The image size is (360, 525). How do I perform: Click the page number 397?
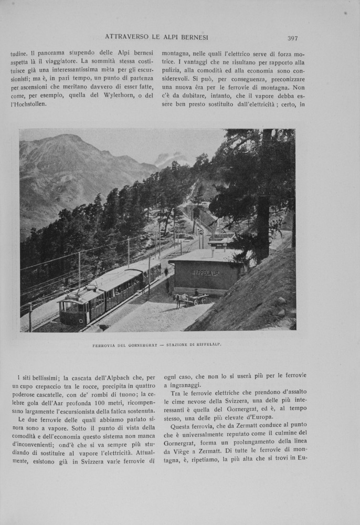293,38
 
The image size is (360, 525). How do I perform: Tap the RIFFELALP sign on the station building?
206,272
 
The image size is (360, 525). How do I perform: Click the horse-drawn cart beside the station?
191,299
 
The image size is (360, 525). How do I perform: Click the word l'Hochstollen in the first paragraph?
28,104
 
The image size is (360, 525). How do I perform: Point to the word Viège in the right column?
182,451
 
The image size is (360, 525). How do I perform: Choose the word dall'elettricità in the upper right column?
243,104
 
